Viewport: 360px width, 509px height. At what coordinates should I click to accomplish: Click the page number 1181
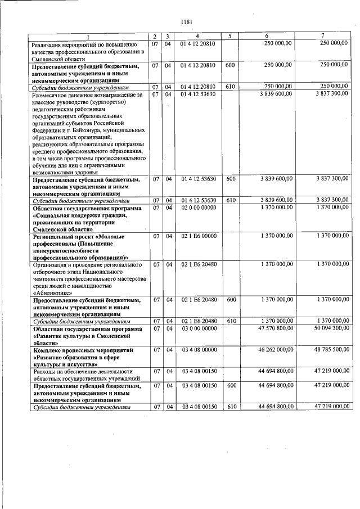point(187,22)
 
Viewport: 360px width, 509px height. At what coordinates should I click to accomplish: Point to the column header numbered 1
point(88,37)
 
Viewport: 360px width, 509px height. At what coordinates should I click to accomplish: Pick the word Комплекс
point(48,350)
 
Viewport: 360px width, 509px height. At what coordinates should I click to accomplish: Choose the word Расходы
point(44,372)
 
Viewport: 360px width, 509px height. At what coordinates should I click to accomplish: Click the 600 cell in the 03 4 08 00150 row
point(229,386)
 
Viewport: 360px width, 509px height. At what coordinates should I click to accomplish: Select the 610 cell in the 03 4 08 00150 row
point(229,407)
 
